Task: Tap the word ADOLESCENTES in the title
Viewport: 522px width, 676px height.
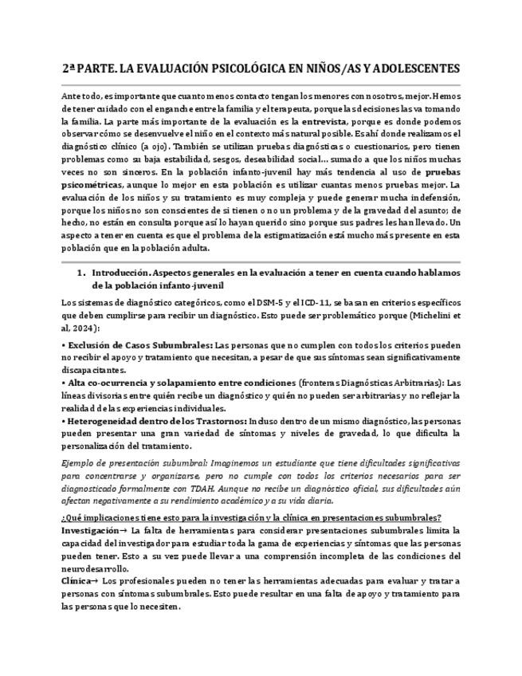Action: click(x=418, y=69)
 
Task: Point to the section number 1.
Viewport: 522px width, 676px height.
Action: click(x=80, y=272)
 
